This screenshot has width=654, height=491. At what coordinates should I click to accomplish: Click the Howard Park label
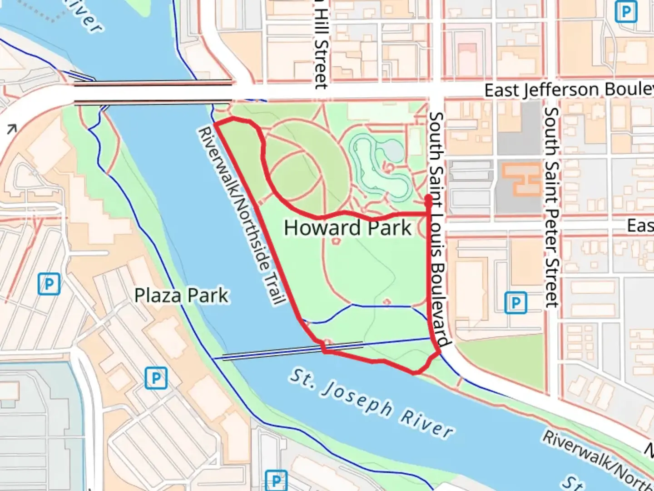coord(347,228)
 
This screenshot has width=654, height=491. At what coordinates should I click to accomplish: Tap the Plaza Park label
coord(182,296)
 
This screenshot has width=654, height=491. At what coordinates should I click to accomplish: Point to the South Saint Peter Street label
coord(551,207)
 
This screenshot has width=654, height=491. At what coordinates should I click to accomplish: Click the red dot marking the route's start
coord(428,198)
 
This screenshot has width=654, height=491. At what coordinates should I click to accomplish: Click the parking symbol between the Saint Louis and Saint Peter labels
coord(515,303)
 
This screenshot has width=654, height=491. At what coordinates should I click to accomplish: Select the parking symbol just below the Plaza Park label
coord(156,378)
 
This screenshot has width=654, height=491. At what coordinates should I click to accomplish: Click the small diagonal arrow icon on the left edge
coord(11,130)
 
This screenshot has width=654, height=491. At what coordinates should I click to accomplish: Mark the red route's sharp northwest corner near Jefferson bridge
coord(214,123)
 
